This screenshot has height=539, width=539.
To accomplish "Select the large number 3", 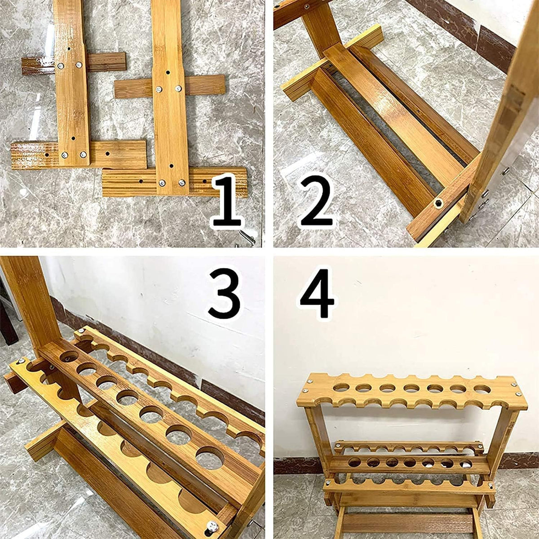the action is click(224, 295).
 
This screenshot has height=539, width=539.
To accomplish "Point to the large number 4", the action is click(317, 293).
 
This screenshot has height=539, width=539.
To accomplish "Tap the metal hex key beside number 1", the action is click(247, 237).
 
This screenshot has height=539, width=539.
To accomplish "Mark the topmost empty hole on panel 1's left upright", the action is click(69, 49).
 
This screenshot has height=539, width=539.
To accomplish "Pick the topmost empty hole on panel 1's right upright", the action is click(168, 72).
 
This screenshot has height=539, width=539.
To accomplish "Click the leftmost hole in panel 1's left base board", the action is click(47, 155).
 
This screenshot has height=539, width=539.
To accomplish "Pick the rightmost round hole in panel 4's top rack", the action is click(482, 389).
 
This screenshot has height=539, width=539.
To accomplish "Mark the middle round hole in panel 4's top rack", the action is click(411, 388).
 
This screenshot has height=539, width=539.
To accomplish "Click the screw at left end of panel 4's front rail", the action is click(328, 482).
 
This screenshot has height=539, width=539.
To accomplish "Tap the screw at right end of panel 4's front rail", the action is click(490, 484).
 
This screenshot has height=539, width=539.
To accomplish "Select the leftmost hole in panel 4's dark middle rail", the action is click(354, 462).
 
